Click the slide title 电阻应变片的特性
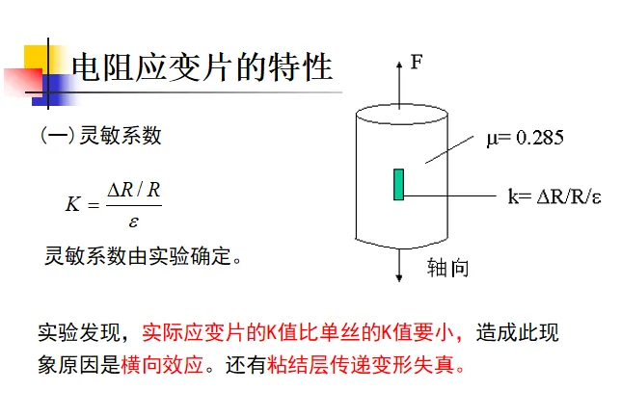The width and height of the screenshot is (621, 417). (202, 67)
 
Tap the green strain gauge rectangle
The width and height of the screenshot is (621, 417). (398, 184)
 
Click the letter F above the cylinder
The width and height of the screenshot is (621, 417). (417, 63)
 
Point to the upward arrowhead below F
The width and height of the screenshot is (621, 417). (399, 65)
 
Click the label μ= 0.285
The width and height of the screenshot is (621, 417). (525, 139)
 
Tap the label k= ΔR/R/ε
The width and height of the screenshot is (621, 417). (554, 197)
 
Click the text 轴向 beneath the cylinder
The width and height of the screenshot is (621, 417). (447, 268)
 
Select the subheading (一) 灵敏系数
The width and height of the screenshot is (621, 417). (100, 136)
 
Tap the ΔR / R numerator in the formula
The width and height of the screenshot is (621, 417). (134, 190)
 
